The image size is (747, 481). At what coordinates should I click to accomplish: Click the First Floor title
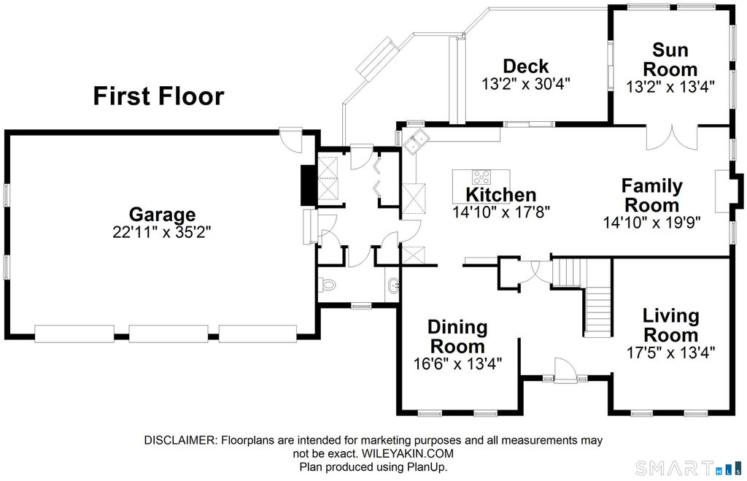[x=158, y=96]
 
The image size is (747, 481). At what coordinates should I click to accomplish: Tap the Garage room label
[x=162, y=215]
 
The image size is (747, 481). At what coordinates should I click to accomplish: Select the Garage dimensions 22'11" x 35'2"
[x=162, y=231]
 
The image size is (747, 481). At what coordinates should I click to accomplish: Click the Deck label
[x=526, y=66]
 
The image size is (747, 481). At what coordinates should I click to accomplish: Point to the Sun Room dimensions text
[x=670, y=86]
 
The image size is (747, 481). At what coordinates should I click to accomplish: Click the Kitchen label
[x=501, y=195]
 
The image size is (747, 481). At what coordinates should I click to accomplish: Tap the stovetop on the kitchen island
[x=481, y=177]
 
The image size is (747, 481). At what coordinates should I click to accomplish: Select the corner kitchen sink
[x=417, y=140]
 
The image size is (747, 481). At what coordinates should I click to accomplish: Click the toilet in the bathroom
[x=327, y=285]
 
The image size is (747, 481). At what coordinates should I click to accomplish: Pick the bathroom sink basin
[x=393, y=286]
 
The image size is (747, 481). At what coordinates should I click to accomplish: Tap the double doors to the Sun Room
[x=672, y=137]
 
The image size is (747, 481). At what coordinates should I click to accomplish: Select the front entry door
[x=565, y=370]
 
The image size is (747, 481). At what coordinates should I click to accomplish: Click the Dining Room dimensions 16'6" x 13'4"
[x=458, y=364]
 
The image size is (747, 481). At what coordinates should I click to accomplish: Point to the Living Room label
[x=671, y=325]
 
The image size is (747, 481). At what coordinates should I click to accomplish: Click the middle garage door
[x=169, y=334]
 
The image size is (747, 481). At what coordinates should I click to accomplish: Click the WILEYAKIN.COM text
[x=407, y=453]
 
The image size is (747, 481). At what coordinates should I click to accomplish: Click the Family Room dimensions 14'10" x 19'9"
[x=651, y=223]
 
